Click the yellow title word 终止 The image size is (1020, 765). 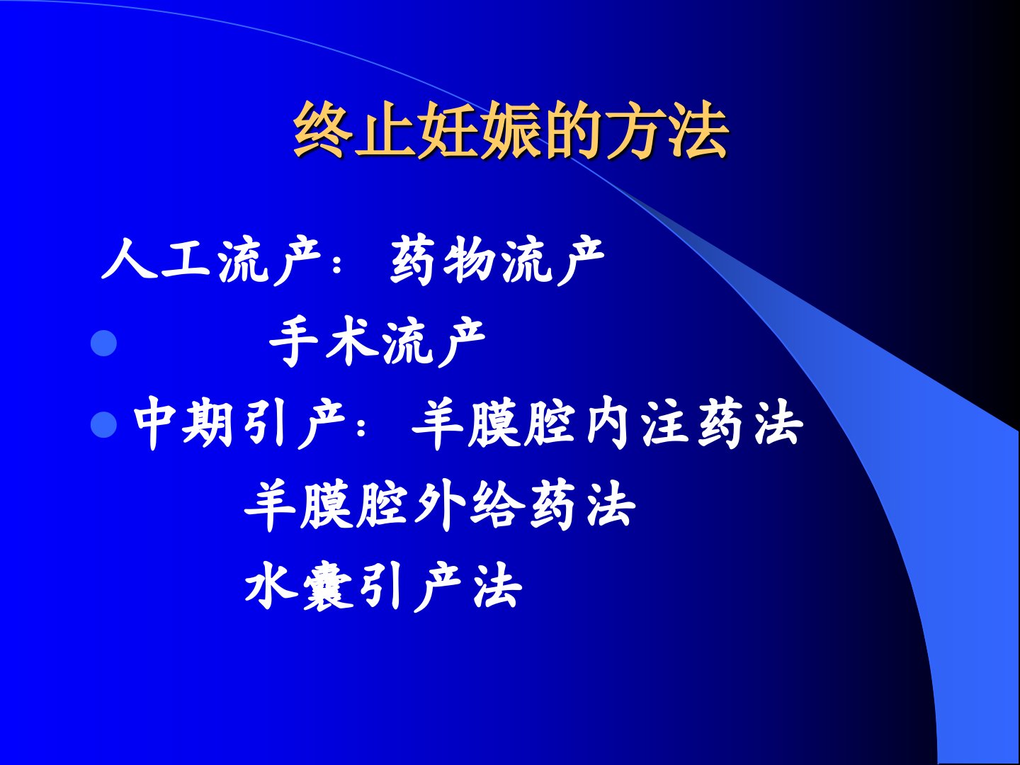tap(354, 130)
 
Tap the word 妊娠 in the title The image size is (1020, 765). tap(479, 130)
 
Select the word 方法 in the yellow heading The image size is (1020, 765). tap(667, 130)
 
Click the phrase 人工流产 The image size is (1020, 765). tap(211, 259)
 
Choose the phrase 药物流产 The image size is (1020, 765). tap(497, 259)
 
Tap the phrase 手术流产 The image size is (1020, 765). tap(378, 341)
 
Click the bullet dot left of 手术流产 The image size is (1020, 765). tap(103, 344)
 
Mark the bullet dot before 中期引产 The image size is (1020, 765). tap(103, 424)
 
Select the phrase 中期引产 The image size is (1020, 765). tap(239, 423)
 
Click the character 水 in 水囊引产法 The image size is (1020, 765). tap(271, 586)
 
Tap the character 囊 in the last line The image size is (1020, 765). tap(328, 586)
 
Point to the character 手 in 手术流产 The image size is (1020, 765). tap(294, 341)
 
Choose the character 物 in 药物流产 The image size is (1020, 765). tap(470, 259)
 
